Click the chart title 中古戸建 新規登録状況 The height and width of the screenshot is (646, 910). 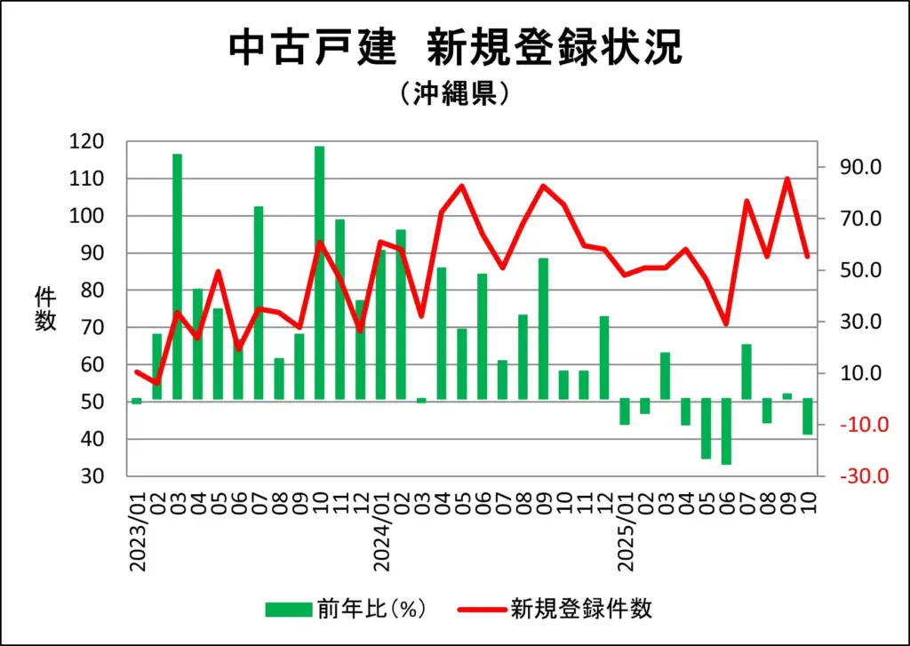point(455,48)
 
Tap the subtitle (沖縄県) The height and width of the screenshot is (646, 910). point(454,93)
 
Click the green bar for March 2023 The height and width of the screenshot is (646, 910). point(177,276)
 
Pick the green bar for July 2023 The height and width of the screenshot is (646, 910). point(259,302)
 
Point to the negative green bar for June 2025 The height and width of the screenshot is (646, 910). point(726,431)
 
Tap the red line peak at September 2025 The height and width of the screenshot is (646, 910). point(787,179)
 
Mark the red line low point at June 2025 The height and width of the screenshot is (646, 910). point(726,324)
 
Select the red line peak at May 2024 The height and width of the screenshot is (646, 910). point(462,186)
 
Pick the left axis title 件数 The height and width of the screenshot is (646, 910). point(46,309)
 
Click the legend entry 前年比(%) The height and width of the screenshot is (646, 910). point(347,609)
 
